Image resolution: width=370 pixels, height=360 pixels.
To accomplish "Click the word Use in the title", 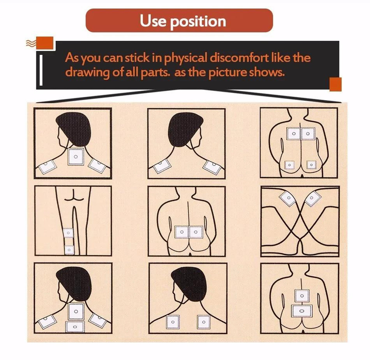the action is [153, 20].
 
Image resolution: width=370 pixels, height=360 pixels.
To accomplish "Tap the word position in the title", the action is [198, 22].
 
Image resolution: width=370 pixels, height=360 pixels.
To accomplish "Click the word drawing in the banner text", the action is [87, 72].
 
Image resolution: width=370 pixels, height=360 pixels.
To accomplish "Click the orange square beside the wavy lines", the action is [45, 43].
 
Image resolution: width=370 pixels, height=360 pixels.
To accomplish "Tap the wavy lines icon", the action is [31, 43].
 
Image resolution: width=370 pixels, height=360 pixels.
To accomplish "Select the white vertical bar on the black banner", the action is [41, 70].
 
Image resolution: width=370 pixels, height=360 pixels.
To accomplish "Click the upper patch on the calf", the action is [68, 233].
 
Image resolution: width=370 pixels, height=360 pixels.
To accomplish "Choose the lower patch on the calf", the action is [69, 250].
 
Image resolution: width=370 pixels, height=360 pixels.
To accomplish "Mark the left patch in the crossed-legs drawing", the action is [288, 198].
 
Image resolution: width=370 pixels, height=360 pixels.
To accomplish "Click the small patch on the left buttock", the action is [290, 165].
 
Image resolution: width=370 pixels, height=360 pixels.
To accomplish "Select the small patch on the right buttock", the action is [312, 165].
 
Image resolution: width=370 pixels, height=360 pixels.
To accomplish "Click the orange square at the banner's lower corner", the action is [336, 84].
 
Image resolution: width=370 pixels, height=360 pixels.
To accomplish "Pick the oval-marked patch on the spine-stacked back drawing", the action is [302, 311].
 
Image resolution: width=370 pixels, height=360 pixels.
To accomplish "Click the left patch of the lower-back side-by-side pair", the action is [181, 232].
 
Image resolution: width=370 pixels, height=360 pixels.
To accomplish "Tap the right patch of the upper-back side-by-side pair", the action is [308, 134].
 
